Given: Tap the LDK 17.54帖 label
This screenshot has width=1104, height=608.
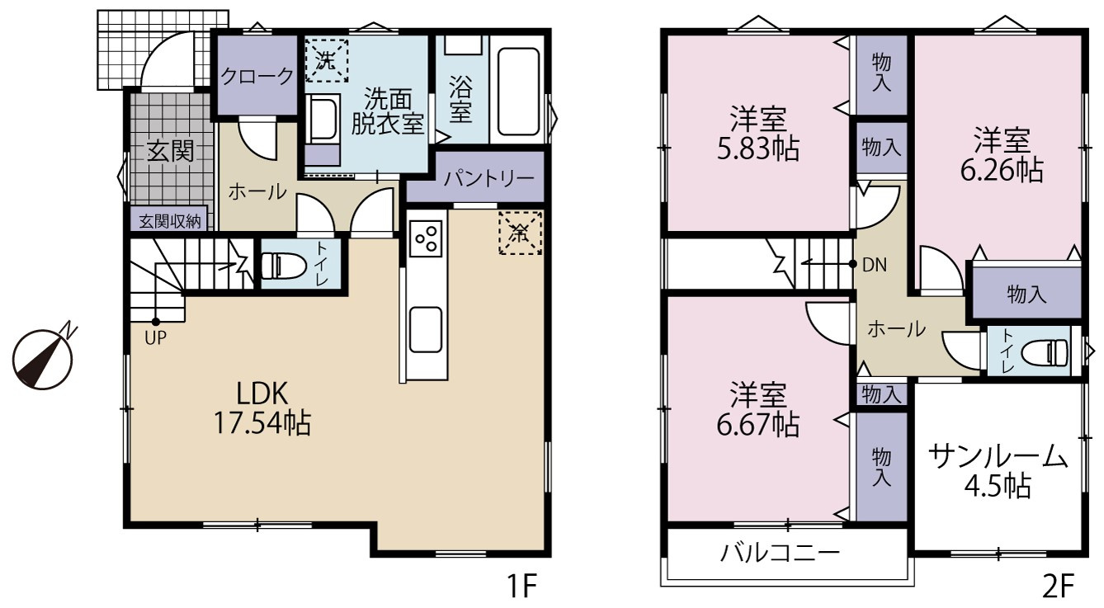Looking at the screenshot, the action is (262, 408).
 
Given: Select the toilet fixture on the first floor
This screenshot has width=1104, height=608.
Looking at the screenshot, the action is (276, 266).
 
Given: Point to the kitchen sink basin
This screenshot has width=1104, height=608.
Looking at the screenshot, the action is (425, 329).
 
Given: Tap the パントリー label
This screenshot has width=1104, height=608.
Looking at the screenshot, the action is (488, 178).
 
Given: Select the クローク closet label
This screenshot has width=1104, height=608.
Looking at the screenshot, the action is (257, 77).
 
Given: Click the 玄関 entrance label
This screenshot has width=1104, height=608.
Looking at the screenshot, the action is (171, 151).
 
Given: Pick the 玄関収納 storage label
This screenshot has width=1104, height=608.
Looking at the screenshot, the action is (170, 222).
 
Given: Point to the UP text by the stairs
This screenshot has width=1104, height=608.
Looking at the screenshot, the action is (156, 337).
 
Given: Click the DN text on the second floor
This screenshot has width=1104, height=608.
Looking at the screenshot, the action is (875, 265).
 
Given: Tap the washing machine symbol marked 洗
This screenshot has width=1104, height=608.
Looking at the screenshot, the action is (326, 60).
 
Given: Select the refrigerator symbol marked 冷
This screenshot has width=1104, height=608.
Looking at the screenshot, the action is (520, 233).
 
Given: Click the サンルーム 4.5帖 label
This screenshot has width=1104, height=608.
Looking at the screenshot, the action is (998, 471).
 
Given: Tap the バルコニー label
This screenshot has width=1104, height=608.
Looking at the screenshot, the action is (780, 553).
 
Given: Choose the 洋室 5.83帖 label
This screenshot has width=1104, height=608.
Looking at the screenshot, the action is (758, 133).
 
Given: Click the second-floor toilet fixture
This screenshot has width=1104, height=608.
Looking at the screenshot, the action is (1044, 353).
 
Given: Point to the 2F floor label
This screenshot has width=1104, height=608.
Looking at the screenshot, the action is (1058, 586).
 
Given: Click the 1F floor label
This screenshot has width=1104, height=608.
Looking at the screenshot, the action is (521, 586).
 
